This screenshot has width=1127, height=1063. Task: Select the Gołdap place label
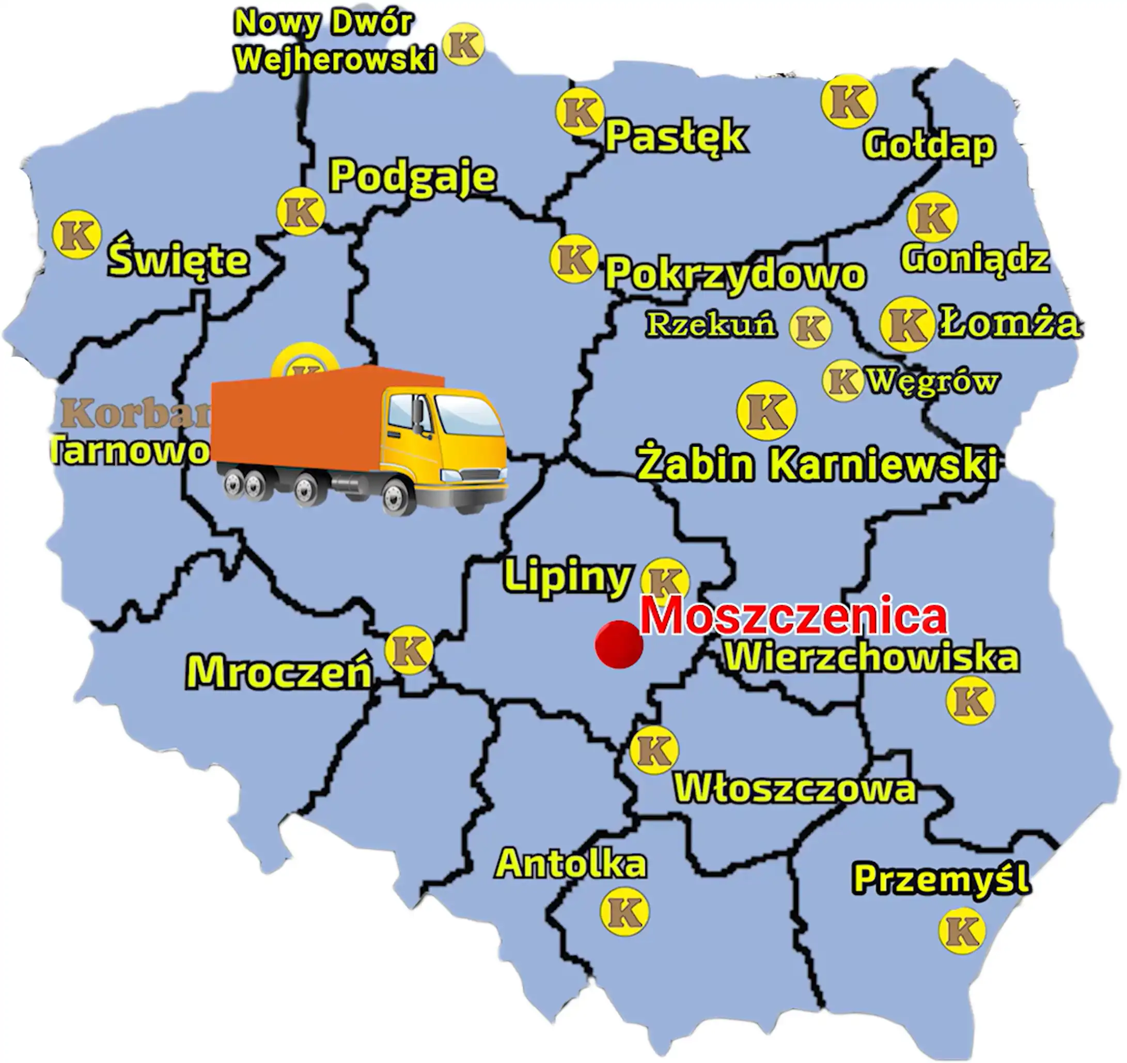coord(929,145)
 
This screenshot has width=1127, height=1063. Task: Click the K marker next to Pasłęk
coord(579,112)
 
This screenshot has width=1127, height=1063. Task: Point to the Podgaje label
coord(413,177)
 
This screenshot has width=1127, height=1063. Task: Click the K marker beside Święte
coord(76,234)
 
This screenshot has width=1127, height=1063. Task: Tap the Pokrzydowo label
coord(735,274)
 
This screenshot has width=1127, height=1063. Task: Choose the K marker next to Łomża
coord(906,324)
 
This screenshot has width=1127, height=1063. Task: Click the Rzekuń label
coord(711,325)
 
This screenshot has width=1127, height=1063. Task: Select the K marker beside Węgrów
coord(842,381)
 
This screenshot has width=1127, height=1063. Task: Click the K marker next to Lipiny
coord(664,581)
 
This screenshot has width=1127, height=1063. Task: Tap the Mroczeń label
coord(279,673)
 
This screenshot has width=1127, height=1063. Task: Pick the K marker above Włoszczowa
coord(654,750)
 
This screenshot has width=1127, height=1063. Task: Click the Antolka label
coord(570,864)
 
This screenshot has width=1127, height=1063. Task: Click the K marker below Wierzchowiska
coord(970,700)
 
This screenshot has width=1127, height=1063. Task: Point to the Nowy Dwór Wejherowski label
coord(335,41)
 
